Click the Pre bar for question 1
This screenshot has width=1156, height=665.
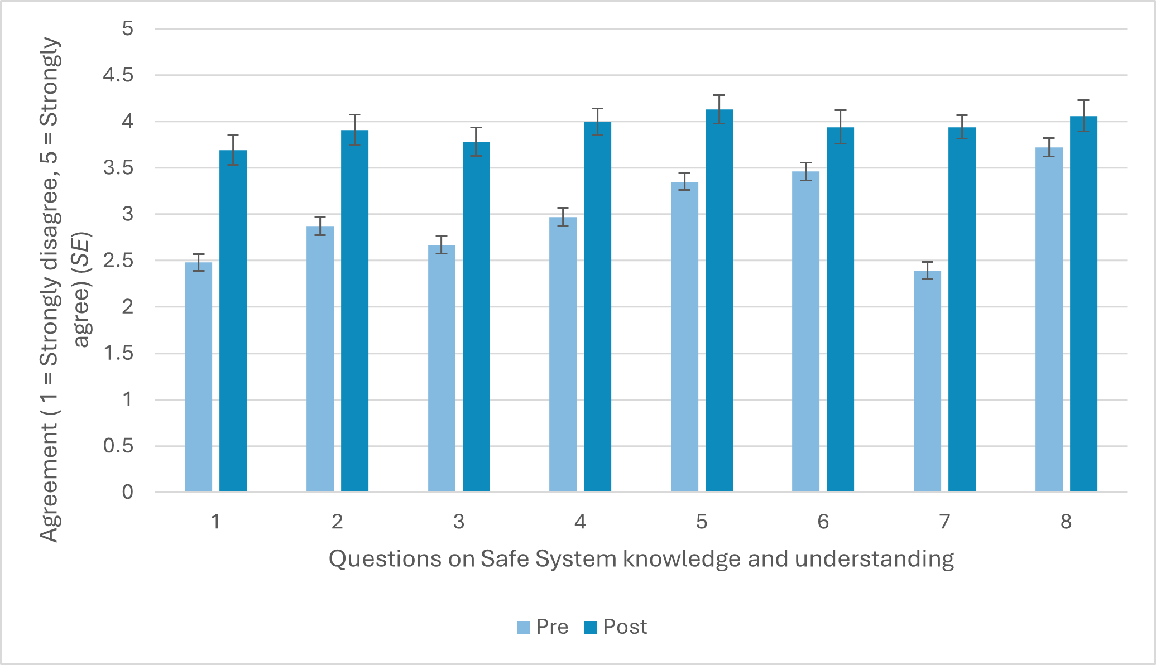point(198,377)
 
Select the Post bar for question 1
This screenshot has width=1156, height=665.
point(233,321)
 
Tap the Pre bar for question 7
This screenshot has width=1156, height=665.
point(927,382)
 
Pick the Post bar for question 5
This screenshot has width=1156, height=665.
point(719,301)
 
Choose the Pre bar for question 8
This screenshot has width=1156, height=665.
point(1049,320)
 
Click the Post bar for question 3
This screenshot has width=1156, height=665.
point(476,317)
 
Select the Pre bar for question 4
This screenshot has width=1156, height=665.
point(563,355)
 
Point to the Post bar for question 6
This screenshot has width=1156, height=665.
point(840,310)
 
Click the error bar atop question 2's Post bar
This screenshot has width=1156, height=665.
point(355,129)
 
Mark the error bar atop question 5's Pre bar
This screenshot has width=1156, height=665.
point(684,181)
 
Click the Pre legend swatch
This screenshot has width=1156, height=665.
point(524,627)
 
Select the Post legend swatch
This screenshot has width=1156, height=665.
point(591,627)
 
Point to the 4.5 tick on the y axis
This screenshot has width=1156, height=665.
point(118,75)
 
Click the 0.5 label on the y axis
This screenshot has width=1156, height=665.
point(118,446)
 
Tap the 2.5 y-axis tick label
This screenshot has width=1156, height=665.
point(118,261)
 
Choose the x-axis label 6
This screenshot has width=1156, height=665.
point(823,522)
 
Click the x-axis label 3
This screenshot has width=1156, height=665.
point(458,522)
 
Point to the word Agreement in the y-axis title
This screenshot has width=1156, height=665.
point(49,483)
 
